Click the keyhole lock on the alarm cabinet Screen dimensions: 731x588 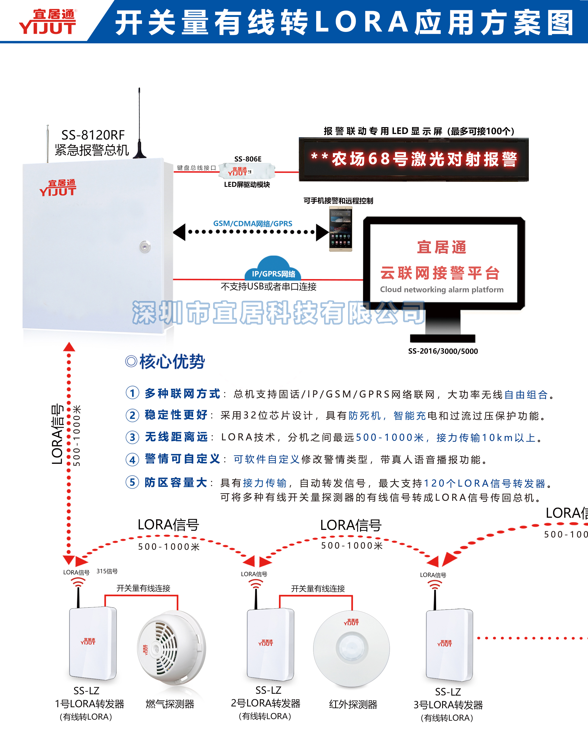pyautogui.click(x=145, y=247)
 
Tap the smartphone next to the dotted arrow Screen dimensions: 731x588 pyautogui.click(x=340, y=229)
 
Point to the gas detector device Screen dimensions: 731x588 pyautogui.click(x=171, y=647)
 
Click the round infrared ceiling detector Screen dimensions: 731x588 pyautogui.click(x=351, y=648)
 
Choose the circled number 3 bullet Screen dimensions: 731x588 pyautogui.click(x=132, y=437)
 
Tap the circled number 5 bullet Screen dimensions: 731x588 pyautogui.click(x=132, y=482)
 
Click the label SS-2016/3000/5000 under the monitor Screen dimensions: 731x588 pyautogui.click(x=443, y=351)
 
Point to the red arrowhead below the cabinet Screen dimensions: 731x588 pyautogui.click(x=69, y=347)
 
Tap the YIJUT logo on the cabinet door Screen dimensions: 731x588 pyautogui.click(x=58, y=188)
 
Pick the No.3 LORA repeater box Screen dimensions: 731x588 pyautogui.click(x=449, y=644)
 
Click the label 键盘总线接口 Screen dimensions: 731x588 pyautogui.click(x=196, y=168)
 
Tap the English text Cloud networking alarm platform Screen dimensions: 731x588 pyautogui.click(x=442, y=290)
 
